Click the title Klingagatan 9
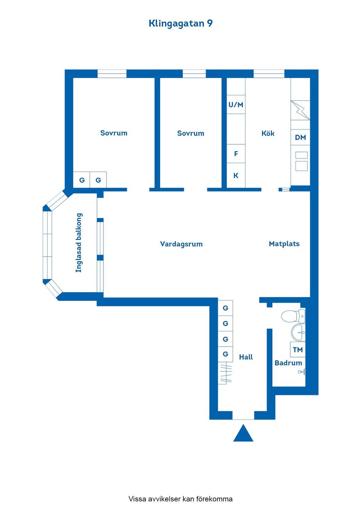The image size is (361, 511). click(x=180, y=23)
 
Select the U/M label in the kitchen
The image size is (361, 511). click(x=236, y=105)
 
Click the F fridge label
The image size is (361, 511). click(x=236, y=154)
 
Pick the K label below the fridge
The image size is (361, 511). click(x=236, y=175)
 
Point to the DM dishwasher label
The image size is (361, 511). click(x=300, y=137)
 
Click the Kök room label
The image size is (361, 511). click(x=268, y=133)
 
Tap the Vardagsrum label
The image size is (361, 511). click(x=181, y=244)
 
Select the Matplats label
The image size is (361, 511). click(x=284, y=243)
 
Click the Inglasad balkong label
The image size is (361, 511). click(x=79, y=243)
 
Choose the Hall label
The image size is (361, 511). click(x=246, y=357)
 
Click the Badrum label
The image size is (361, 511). click(x=288, y=363)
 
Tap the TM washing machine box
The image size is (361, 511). click(x=297, y=350)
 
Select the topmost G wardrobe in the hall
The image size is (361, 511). click(x=225, y=308)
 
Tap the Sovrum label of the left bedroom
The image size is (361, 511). click(x=114, y=133)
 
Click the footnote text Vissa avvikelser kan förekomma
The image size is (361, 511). click(x=180, y=499)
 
